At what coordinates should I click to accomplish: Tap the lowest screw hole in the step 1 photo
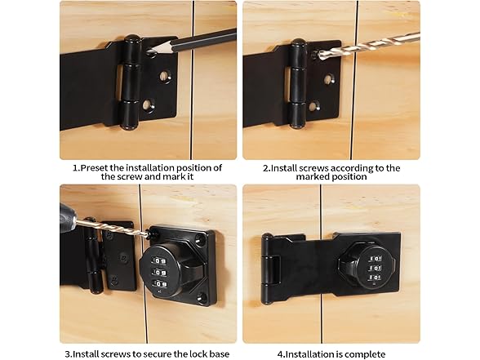pyautogui.click(x=147, y=105)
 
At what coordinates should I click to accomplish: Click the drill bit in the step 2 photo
pyautogui.click(x=367, y=45)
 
